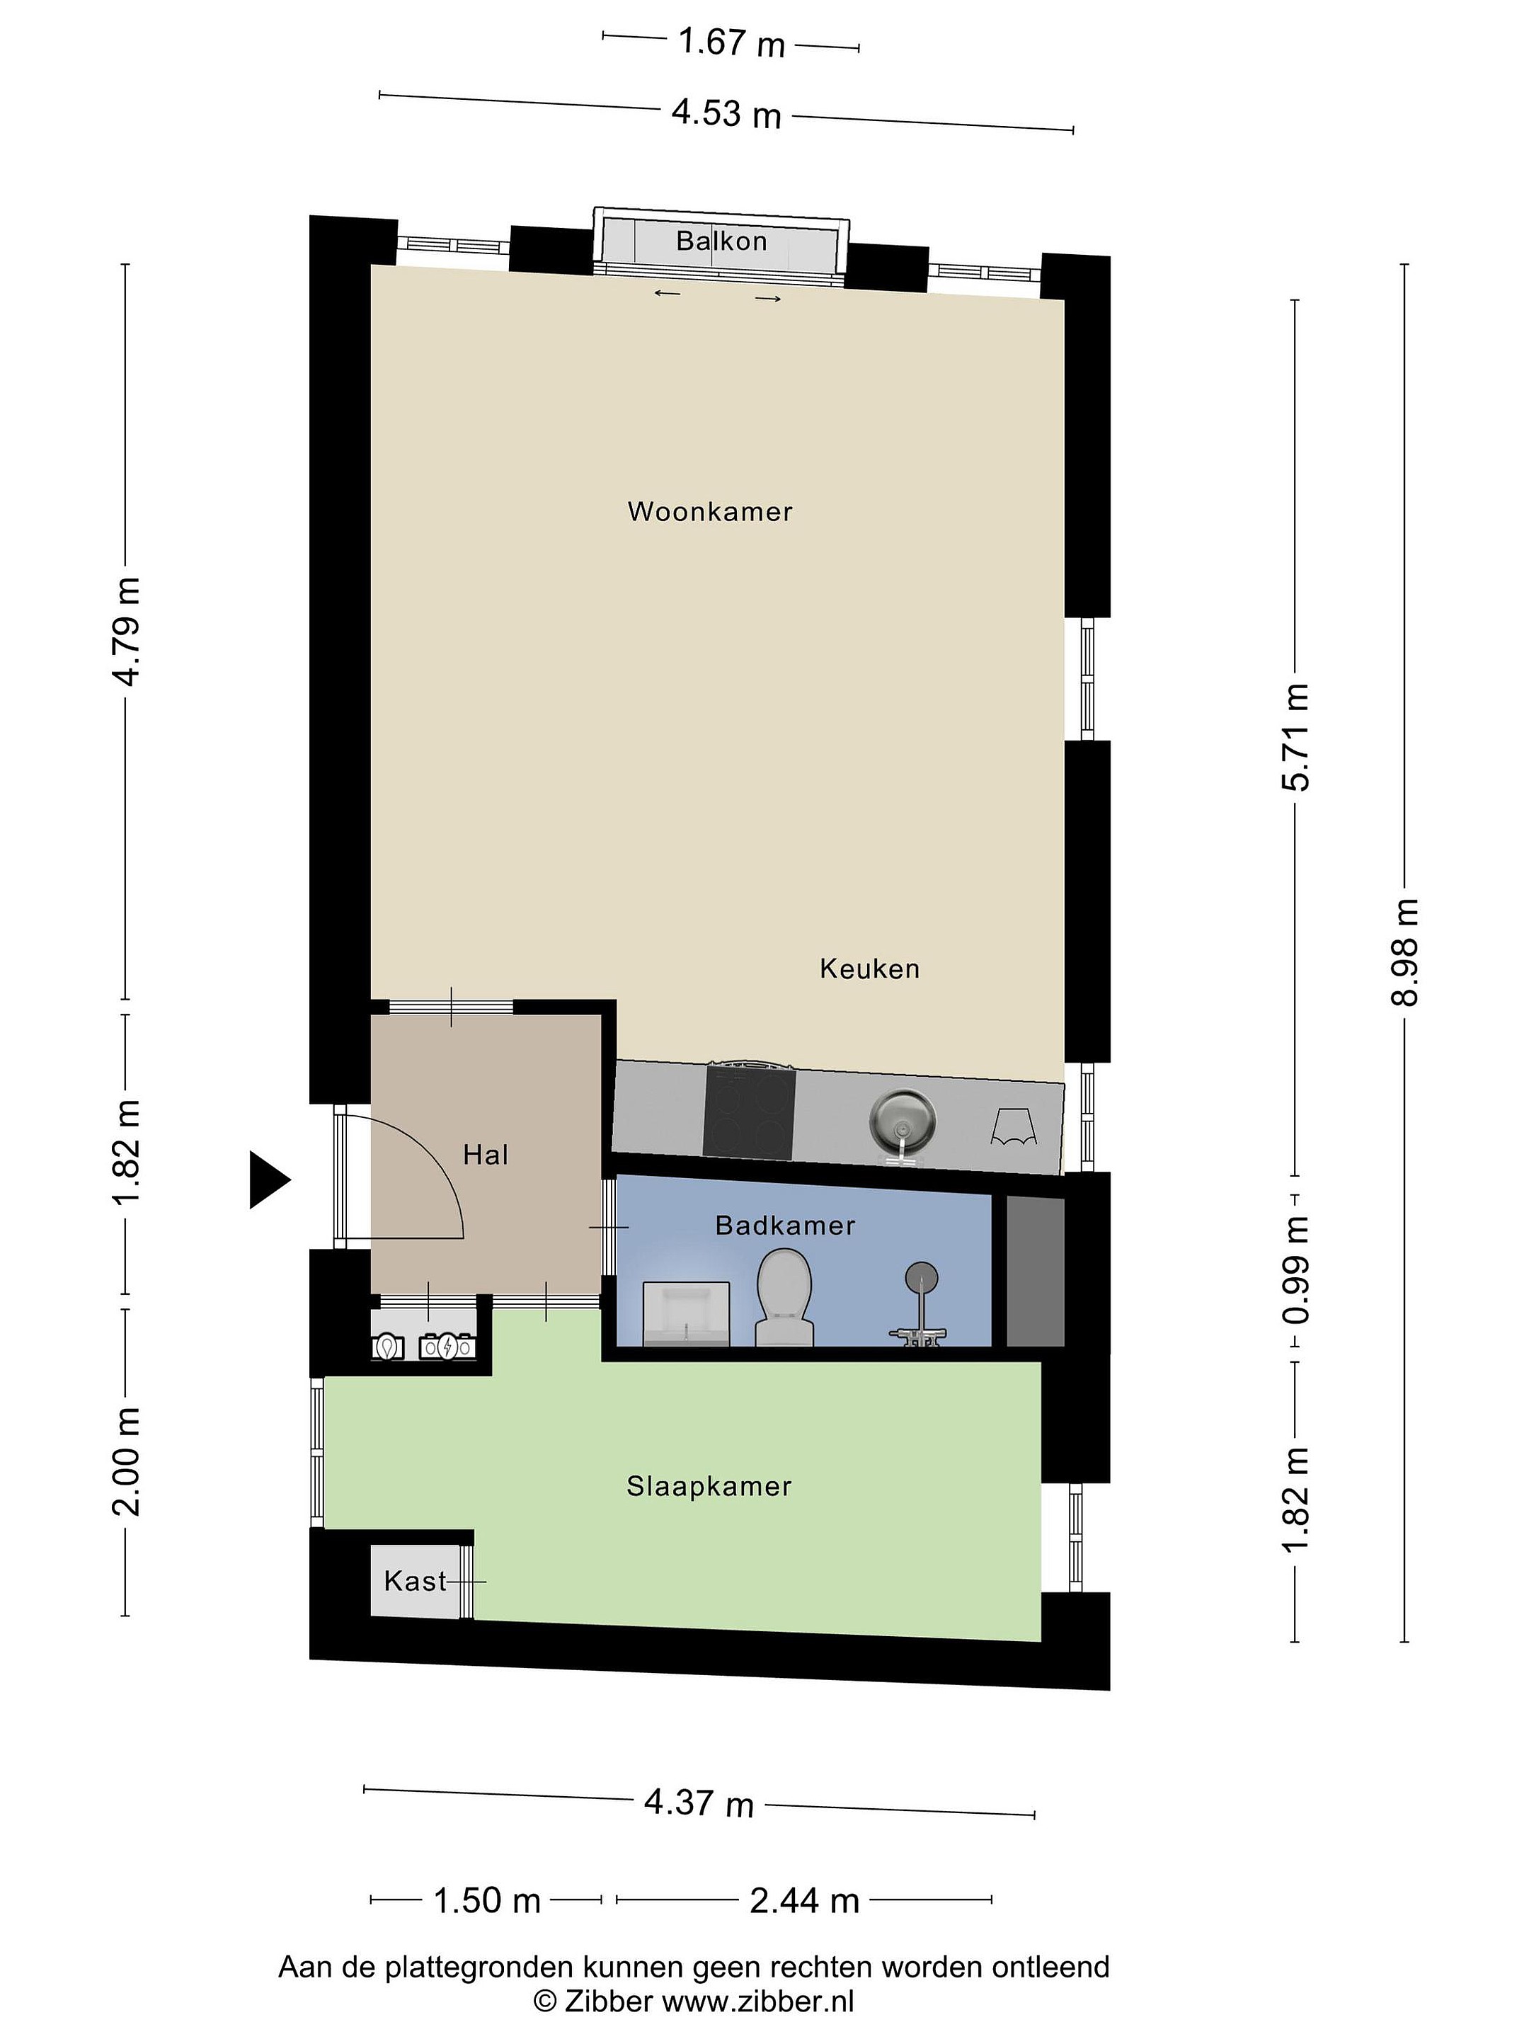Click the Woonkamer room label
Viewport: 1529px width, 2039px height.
710,512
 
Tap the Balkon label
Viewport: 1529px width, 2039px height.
721,241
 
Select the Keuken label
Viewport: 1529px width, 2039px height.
869,969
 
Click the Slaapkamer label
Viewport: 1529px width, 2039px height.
709,1487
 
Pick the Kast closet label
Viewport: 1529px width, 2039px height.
415,1582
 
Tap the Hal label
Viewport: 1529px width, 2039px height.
486,1155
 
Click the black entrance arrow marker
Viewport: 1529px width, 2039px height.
270,1179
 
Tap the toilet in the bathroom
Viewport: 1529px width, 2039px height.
784,1297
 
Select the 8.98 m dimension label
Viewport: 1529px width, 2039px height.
1406,952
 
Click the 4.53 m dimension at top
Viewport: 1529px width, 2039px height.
726,114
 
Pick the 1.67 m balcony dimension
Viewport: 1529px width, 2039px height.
732,42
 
